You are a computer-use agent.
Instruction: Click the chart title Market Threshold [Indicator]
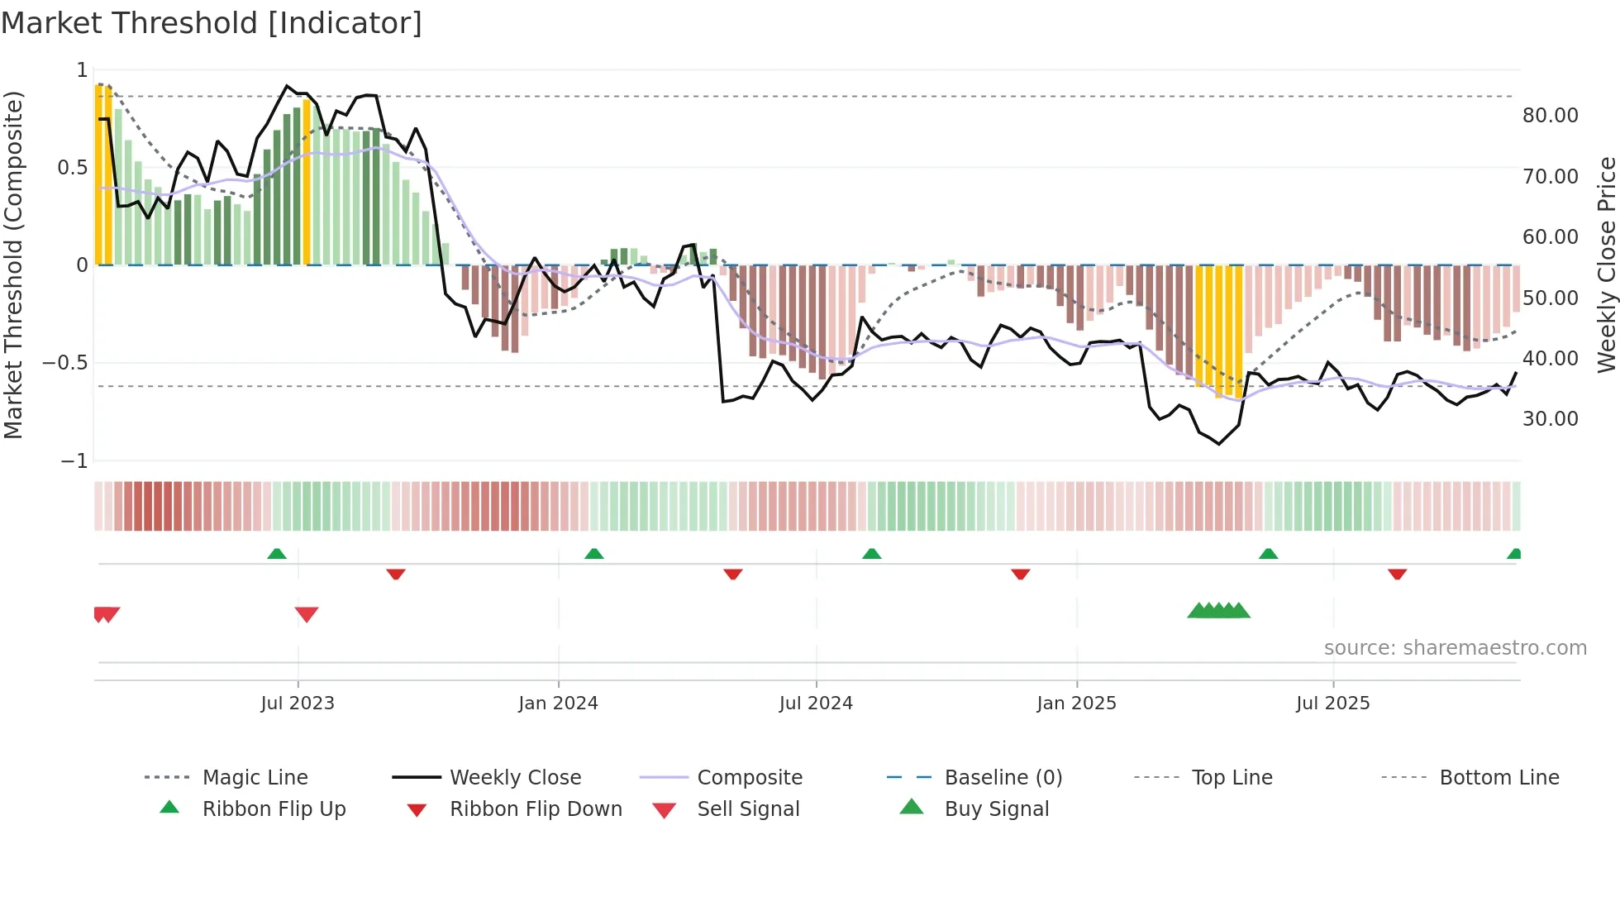click(212, 23)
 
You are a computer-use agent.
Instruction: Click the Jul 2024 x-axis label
click(815, 704)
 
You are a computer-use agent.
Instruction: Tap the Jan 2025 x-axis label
click(1076, 704)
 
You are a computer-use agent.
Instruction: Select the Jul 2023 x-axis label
click(298, 704)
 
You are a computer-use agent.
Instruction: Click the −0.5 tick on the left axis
click(65, 363)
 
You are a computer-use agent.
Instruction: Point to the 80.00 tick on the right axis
click(1550, 116)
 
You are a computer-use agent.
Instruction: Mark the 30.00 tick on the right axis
click(1550, 419)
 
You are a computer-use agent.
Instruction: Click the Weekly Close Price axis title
click(1606, 265)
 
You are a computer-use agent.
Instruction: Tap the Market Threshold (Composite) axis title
click(13, 265)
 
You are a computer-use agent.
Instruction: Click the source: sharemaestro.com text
click(1455, 648)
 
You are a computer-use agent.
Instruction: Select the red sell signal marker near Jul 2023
click(307, 614)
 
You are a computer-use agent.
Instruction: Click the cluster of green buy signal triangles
click(1218, 611)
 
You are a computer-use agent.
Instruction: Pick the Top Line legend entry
click(1232, 778)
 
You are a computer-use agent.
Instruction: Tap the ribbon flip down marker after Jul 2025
click(1397, 574)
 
